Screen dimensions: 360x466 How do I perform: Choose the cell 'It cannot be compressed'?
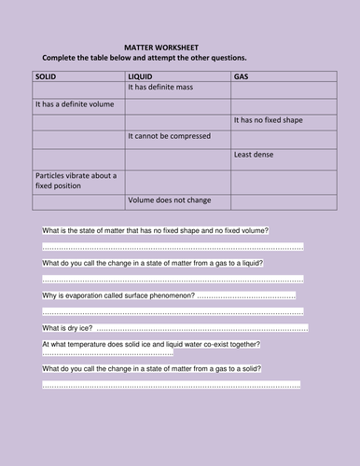[164, 137]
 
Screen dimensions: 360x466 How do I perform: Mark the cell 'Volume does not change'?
[166, 199]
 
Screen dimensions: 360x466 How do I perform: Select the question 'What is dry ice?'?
[67, 328]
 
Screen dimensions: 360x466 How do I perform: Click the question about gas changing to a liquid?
[152, 263]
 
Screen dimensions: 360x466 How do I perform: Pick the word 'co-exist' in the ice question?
[230, 345]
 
